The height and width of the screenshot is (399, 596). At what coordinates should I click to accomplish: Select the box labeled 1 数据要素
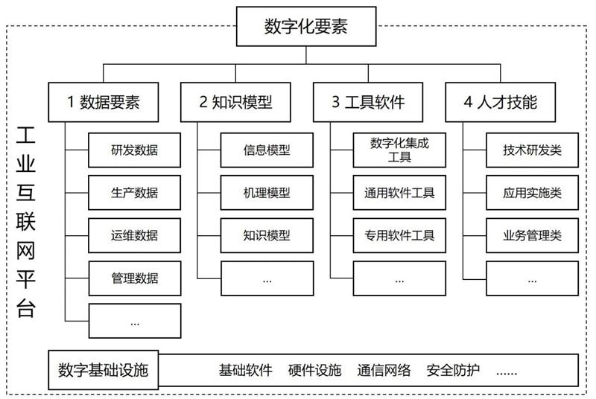[104, 102]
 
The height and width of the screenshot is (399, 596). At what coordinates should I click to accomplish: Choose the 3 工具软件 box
[368, 102]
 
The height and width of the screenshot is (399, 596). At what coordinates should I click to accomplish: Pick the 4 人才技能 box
[501, 102]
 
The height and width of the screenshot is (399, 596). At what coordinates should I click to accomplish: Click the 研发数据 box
[134, 150]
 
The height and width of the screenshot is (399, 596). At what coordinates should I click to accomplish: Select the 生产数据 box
[134, 193]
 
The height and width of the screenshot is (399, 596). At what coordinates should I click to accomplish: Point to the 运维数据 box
[134, 236]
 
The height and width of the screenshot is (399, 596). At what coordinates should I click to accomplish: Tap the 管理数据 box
[134, 278]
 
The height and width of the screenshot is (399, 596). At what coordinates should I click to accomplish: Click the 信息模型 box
[267, 150]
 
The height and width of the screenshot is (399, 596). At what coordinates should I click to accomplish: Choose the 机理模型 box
[267, 193]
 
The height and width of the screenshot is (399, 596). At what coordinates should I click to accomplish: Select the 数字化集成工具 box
[399, 150]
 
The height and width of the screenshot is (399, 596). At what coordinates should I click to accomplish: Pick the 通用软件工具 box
[399, 193]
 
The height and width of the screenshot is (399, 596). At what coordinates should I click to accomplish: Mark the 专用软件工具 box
[399, 236]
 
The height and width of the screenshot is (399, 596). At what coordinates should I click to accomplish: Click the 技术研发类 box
[532, 150]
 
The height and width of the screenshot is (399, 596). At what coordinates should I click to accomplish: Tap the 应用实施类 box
[532, 193]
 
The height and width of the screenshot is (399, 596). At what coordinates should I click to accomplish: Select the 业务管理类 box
[532, 236]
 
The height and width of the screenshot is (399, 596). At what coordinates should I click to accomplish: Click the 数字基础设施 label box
[104, 370]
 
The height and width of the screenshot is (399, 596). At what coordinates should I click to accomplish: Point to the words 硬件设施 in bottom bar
[314, 370]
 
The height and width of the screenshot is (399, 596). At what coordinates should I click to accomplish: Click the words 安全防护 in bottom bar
[453, 370]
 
